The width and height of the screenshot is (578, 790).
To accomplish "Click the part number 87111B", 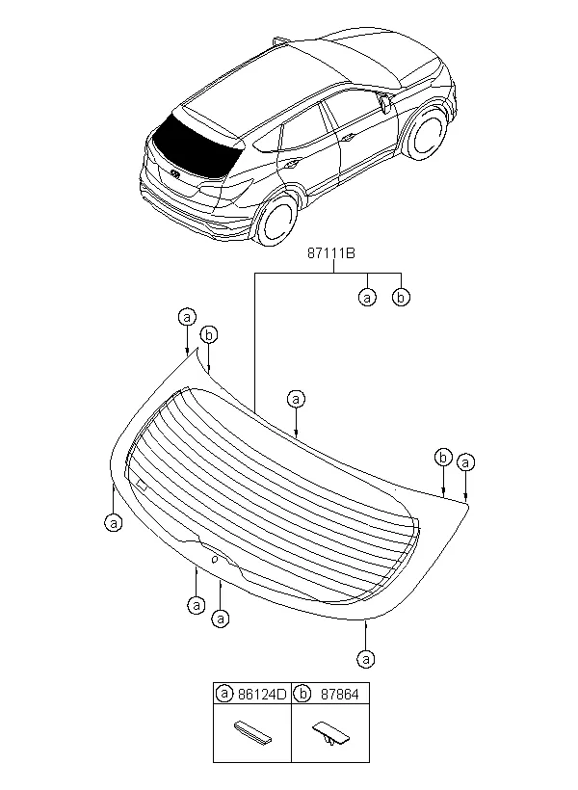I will tap(333, 254).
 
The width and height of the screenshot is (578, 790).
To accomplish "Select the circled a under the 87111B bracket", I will tap(367, 298).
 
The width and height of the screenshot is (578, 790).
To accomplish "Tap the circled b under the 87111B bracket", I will tap(402, 298).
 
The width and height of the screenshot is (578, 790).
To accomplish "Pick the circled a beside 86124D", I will tap(224, 693).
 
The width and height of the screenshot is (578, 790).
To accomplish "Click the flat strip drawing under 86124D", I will tap(252, 733).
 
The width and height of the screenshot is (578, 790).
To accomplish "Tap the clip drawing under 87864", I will tap(328, 734).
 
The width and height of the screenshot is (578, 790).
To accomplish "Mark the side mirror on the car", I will tap(384, 102).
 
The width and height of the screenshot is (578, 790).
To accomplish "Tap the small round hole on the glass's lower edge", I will tap(214, 558).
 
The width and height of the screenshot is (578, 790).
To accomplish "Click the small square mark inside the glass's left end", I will tap(141, 485).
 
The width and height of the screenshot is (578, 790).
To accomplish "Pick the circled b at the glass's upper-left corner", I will tap(209, 335).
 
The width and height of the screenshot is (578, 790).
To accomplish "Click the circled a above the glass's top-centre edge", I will tap(296, 398).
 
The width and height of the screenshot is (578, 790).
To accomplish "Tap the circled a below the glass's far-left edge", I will tap(114, 522).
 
